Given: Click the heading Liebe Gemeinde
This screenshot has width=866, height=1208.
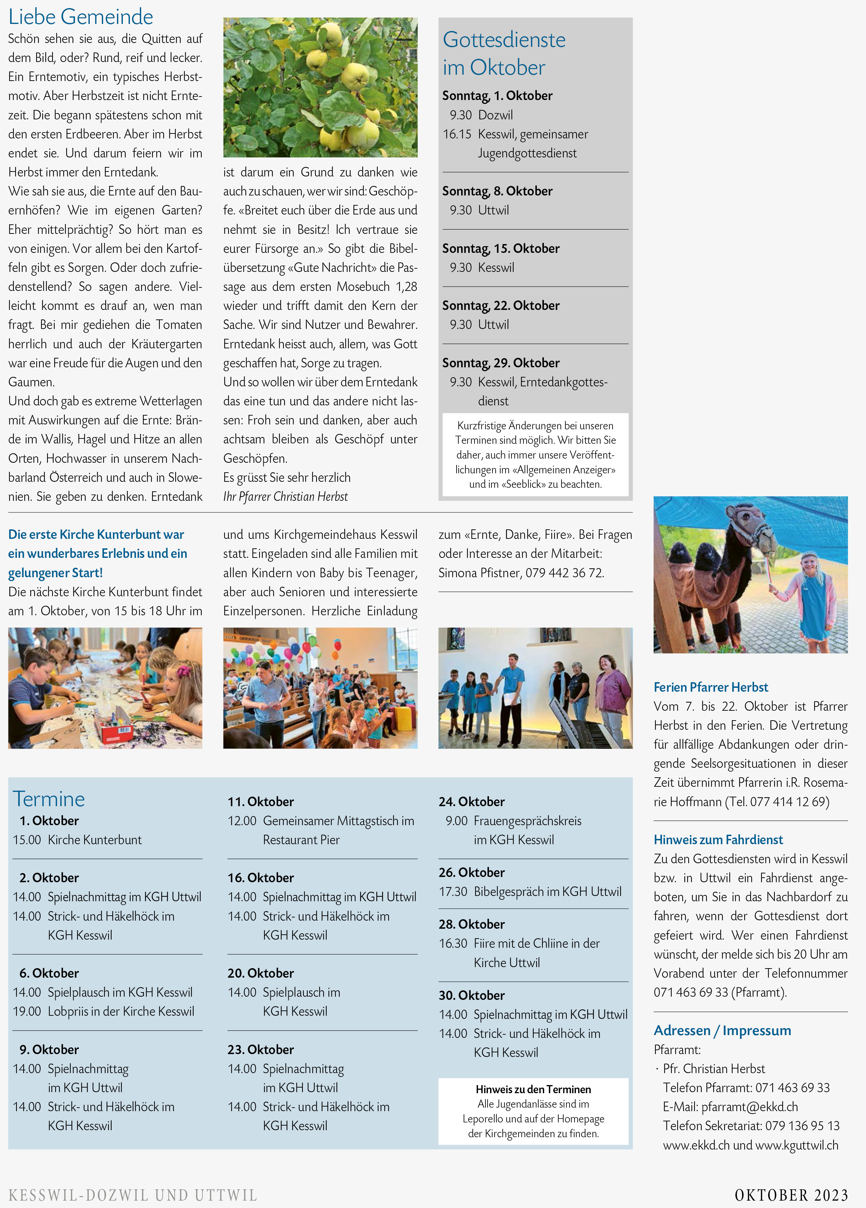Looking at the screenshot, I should click(x=81, y=17).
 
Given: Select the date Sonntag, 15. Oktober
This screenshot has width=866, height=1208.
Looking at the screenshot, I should click(x=500, y=248).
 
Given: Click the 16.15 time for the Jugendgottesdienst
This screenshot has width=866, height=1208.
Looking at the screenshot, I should click(x=457, y=134).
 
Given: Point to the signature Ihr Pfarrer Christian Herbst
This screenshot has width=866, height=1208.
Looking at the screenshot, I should click(x=285, y=497).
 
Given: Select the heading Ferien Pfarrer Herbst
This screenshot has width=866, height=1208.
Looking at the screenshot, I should click(x=711, y=687).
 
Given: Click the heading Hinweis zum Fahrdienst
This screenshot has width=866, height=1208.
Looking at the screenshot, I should click(x=718, y=839).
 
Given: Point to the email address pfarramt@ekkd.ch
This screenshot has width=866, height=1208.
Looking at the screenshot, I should click(x=749, y=1107).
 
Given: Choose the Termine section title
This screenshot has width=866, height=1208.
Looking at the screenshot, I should click(x=49, y=799).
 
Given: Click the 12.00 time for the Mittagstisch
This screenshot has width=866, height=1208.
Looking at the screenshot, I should click(x=242, y=821).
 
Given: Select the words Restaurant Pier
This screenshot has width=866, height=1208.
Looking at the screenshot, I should click(x=301, y=840).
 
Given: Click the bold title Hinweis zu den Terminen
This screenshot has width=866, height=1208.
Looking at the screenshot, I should click(x=533, y=1089).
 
